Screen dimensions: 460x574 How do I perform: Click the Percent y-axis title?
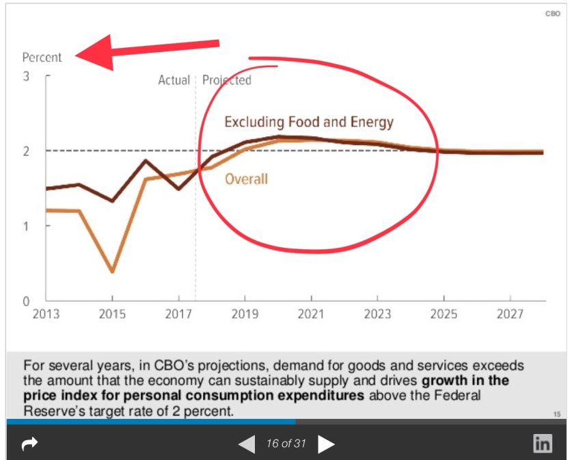pyautogui.click(x=42, y=57)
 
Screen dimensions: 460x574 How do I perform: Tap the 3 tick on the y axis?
pyautogui.click(x=26, y=76)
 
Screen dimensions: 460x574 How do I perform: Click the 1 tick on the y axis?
pyautogui.click(x=26, y=225)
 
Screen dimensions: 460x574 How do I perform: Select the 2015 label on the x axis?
pyautogui.click(x=112, y=314)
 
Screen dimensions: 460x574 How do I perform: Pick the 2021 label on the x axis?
pyautogui.click(x=311, y=314)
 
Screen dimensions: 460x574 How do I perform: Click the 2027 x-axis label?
pyautogui.click(x=510, y=314)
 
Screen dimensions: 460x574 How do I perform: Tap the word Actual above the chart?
pyautogui.click(x=174, y=80)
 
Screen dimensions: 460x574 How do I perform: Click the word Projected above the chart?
pyautogui.click(x=227, y=80)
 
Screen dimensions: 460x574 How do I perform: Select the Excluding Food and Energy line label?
pyautogui.click(x=309, y=123)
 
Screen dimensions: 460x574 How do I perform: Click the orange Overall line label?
pyautogui.click(x=246, y=179)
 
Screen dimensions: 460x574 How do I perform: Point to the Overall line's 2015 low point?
pyautogui.click(x=112, y=272)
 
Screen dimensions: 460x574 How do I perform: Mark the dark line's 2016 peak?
pyautogui.click(x=146, y=161)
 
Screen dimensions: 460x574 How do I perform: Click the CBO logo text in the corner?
pyautogui.click(x=552, y=14)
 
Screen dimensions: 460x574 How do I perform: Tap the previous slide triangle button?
pyautogui.click(x=247, y=444)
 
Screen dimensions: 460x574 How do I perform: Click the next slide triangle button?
pyautogui.click(x=327, y=444)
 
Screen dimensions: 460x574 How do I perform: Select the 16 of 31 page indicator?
pyautogui.click(x=286, y=444)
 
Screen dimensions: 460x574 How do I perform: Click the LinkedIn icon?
pyautogui.click(x=543, y=444)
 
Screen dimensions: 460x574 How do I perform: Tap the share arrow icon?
pyautogui.click(x=29, y=444)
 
